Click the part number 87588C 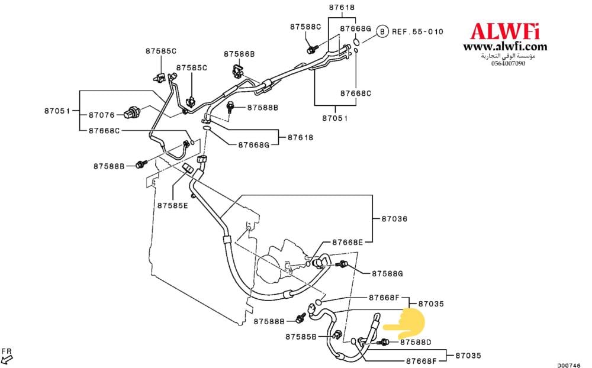coord(305,27)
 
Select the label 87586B coord(239,54)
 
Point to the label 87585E coord(172,205)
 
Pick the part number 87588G coord(387,274)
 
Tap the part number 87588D coord(416,341)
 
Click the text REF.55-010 coord(418,31)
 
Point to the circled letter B coord(382,31)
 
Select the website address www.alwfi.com coord(505,47)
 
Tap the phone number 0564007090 coord(508,63)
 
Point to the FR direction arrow coord(7,356)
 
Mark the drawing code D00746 coord(568,364)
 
